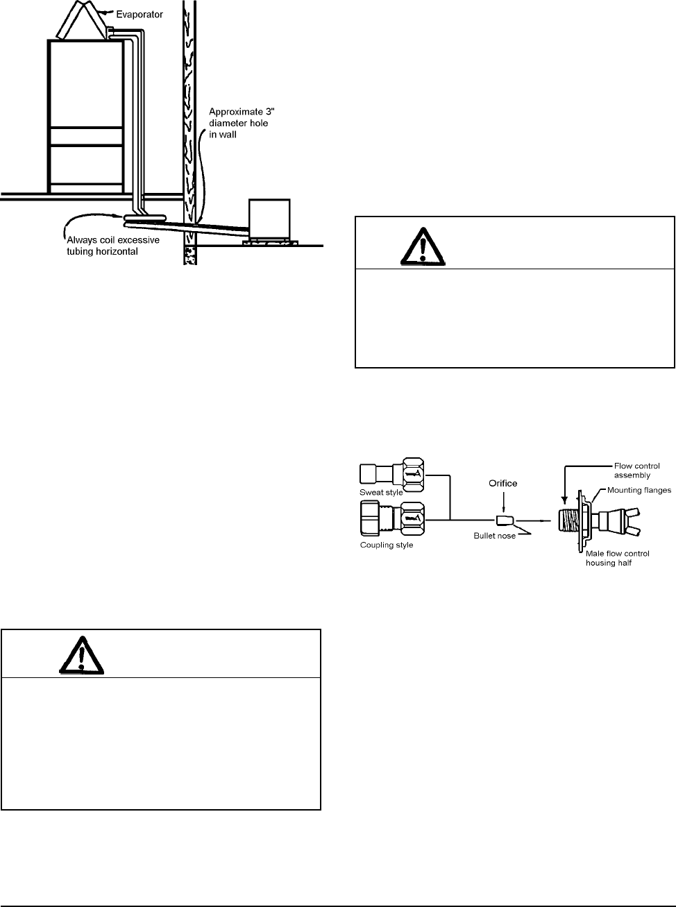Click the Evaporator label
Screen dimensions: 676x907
140,14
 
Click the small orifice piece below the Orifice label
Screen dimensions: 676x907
505,520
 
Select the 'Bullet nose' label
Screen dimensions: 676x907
495,536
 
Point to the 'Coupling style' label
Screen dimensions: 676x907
386,545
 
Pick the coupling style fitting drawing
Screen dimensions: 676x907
393,518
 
